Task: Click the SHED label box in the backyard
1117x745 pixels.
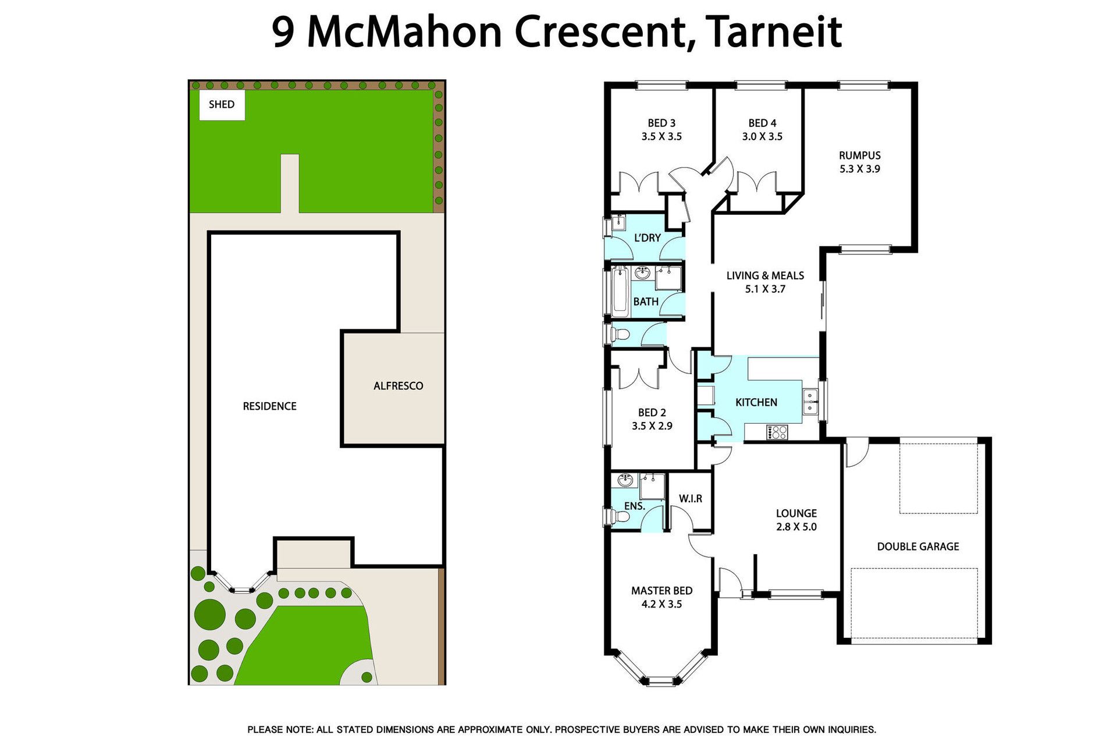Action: tap(222, 105)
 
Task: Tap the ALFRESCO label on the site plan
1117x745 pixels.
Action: tap(398, 386)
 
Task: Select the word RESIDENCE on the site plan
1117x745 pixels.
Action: tap(269, 406)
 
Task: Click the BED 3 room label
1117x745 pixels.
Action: tap(661, 123)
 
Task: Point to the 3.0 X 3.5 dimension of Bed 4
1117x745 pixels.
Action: tap(762, 137)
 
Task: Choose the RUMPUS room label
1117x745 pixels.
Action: tap(859, 155)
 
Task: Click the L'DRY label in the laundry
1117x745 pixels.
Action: tap(647, 237)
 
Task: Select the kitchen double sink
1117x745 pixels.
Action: tap(810, 402)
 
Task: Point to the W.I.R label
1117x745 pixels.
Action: tap(691, 499)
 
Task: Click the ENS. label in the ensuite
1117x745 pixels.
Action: tap(634, 506)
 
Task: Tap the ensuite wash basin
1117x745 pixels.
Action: tap(625, 480)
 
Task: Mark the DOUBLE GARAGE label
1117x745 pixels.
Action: tap(918, 547)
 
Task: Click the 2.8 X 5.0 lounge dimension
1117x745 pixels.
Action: tap(796, 527)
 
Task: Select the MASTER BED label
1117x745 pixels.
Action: tap(661, 591)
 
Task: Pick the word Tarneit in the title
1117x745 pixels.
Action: tap(774, 33)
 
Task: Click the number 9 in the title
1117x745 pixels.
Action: tap(283, 33)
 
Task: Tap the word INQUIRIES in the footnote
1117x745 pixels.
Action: tap(848, 730)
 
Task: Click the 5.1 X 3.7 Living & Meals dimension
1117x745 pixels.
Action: tap(765, 289)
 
